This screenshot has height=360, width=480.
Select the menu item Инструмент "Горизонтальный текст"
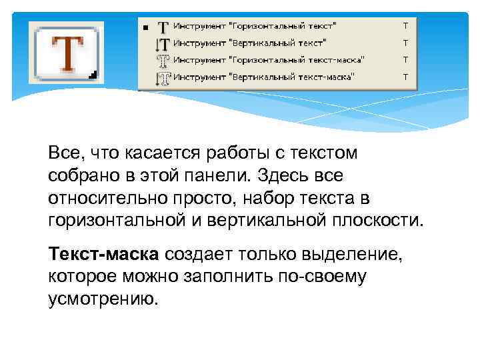255,27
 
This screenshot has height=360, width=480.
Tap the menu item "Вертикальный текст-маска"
268,77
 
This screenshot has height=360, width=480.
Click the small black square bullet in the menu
145,29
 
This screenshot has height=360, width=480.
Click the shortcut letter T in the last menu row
405,77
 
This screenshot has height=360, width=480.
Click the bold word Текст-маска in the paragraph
103,255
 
